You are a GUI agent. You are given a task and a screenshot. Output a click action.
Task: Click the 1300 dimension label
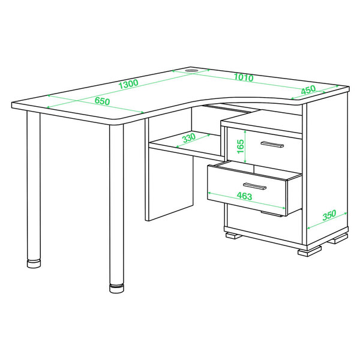[128, 84]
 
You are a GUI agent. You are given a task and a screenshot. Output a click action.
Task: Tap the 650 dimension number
[102, 101]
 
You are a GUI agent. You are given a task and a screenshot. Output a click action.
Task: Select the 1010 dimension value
[244, 77]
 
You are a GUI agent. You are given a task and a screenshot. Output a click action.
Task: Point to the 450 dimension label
[308, 90]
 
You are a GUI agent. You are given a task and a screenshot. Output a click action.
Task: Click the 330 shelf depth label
[189, 138]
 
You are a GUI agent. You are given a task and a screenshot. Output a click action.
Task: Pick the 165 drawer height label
[241, 146]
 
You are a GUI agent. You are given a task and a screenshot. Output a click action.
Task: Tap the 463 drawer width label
[245, 196]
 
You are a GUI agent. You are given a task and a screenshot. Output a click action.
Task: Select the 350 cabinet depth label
[329, 215]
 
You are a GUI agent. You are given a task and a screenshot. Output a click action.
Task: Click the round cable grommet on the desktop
[191, 70]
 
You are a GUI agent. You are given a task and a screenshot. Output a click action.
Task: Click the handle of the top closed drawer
[272, 145]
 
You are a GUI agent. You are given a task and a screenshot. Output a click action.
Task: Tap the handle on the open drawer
[254, 186]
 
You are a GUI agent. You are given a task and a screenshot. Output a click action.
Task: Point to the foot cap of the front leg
[116, 289]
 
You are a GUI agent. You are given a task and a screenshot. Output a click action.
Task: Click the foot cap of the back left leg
[34, 263]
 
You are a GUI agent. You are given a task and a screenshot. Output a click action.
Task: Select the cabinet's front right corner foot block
[310, 251]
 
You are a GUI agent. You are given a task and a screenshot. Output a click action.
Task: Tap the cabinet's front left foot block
[233, 236]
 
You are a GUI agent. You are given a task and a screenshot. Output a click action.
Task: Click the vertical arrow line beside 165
[245, 146]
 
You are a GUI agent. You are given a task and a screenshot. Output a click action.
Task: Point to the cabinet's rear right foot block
[338, 239]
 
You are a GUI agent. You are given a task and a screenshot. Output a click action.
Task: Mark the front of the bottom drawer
[265, 224]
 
